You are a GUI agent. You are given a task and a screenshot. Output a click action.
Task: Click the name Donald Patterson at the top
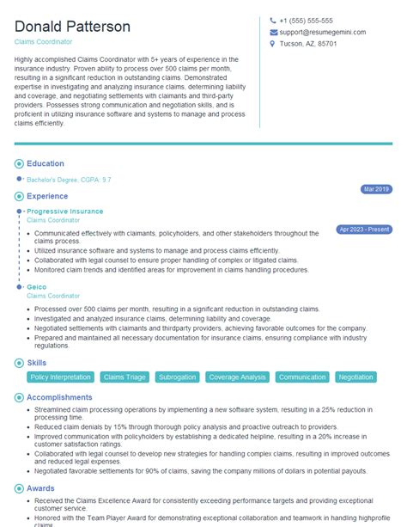72,27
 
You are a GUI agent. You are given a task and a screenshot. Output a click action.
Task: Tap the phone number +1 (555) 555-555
306,21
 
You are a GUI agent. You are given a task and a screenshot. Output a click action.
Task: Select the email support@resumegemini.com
322,32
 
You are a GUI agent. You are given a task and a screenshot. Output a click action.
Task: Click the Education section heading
46,163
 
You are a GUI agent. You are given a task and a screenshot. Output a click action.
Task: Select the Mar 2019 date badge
376,188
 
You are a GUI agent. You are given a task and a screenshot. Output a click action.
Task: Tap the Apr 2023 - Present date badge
364,230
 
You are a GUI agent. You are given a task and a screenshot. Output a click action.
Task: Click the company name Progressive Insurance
64,211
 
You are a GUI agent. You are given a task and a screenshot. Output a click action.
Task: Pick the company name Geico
36,286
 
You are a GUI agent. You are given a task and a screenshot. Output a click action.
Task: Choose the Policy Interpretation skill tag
60,377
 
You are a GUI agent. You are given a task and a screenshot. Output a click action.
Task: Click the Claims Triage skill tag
125,377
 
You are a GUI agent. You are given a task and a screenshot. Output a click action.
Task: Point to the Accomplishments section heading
59,397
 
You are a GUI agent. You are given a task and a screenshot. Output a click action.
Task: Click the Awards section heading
40,487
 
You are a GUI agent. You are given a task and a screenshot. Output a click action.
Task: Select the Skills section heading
36,364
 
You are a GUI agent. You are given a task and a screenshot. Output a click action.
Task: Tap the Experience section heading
47,196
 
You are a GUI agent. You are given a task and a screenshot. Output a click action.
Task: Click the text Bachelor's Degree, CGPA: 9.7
68,180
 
